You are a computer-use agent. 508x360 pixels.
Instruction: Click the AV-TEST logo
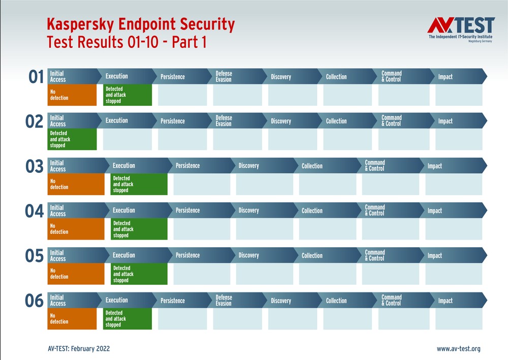[460, 29]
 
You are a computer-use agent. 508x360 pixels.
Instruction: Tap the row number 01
[36, 77]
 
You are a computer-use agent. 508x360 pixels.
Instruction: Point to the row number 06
[35, 301]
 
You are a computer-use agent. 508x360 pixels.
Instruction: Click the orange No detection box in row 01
[72, 95]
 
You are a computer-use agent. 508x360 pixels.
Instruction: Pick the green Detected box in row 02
[72, 139]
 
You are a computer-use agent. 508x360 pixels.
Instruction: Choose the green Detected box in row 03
[139, 184]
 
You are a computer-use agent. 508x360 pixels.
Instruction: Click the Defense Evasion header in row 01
[224, 77]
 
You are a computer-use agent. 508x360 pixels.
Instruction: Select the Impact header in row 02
[446, 121]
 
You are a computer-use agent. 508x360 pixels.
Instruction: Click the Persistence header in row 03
[188, 166]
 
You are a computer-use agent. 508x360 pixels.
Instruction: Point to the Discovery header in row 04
[249, 211]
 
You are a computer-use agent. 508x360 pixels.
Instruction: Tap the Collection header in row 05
[312, 255]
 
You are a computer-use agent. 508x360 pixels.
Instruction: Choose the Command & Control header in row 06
[391, 301]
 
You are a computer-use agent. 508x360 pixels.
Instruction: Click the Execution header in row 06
[117, 300]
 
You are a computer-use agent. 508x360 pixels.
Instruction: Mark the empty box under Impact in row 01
[459, 95]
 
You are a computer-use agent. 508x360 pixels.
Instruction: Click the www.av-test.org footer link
[458, 349]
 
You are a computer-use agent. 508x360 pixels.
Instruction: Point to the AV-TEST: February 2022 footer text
[78, 349]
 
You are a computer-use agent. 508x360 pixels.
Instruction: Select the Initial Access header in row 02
[58, 121]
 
